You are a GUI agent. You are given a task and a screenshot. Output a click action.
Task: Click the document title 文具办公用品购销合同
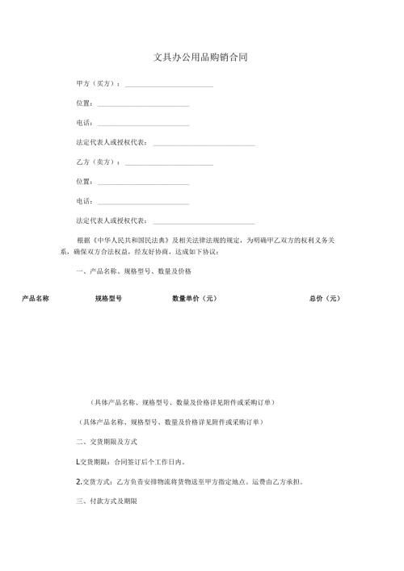point(200,58)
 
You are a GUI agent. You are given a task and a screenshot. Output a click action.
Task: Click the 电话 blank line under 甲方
point(143,125)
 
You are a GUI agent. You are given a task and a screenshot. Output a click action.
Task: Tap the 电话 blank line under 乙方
point(143,204)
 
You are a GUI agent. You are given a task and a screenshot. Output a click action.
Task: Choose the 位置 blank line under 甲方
point(143,106)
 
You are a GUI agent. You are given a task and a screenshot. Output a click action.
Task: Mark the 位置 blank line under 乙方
point(143,184)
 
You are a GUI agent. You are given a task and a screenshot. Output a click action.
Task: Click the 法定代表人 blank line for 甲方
point(203,145)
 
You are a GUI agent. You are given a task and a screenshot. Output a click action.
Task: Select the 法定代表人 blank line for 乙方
point(203,223)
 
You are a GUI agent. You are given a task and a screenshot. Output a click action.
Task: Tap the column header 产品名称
point(36,299)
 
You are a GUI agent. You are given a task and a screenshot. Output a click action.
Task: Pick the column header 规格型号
point(108,299)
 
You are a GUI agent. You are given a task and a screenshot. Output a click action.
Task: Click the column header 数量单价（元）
point(194,299)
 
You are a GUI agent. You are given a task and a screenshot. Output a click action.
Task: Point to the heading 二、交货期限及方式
point(107,443)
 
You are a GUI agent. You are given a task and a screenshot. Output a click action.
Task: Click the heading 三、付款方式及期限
point(107,502)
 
